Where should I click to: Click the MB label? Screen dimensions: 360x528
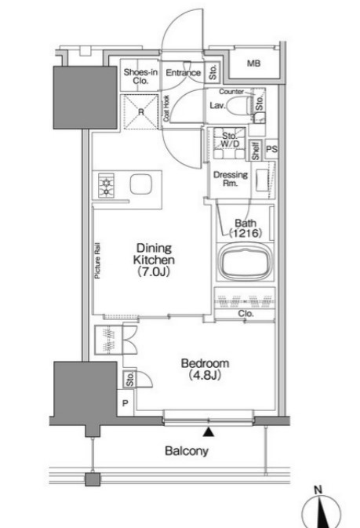coord(253,63)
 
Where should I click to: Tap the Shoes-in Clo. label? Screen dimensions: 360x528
coord(140,76)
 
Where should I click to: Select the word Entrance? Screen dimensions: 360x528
coord(183,72)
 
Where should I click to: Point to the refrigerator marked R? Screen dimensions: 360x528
coord(140,111)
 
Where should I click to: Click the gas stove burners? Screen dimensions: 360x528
coord(106,185)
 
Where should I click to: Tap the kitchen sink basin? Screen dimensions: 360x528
coord(140,184)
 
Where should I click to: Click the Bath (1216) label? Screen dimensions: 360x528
coord(245,228)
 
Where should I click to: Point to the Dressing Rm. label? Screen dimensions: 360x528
coord(231,179)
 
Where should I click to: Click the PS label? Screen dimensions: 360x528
coord(272,148)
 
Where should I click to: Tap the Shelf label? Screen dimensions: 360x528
coord(256,151)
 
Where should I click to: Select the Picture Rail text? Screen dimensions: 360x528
coord(98,260)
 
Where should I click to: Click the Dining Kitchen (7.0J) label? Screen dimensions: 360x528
coord(154,260)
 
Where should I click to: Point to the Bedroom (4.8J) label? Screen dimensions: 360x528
coord(205,369)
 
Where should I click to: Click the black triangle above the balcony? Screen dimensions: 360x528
coord(209,432)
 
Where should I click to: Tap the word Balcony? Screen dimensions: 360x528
coord(187,451)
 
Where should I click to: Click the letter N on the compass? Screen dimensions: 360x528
coord(318,490)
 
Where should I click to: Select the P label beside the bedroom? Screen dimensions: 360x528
coord(125,402)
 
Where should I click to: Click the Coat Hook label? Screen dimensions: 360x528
coord(166,108)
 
